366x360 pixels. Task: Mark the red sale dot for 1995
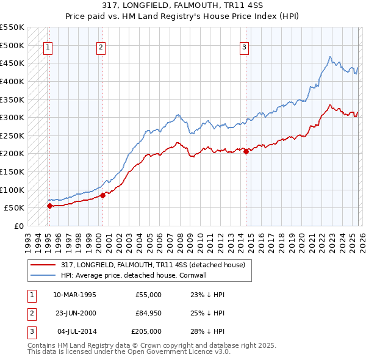[x=49, y=206]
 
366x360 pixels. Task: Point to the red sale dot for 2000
[x=102, y=195]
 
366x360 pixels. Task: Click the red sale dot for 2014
[x=246, y=152]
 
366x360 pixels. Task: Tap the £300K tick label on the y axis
[x=12, y=117]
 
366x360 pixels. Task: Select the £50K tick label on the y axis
[x=15, y=207]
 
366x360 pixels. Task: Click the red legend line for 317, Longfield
[x=43, y=265]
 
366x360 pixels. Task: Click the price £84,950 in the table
[x=149, y=313]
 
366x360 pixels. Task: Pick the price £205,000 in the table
[x=147, y=331]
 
